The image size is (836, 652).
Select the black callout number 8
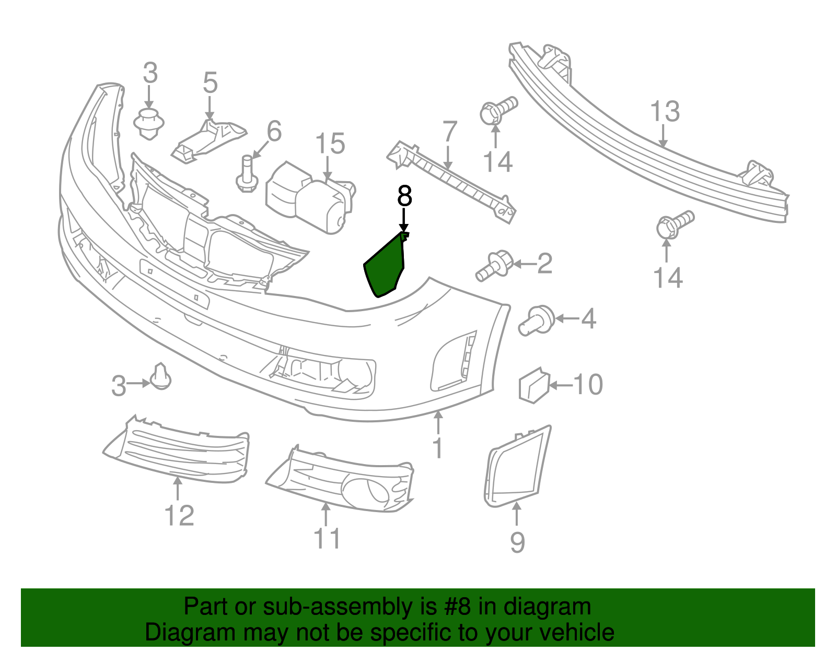[x=404, y=196]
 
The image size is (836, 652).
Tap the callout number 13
[x=665, y=112]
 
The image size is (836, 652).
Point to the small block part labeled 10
[x=533, y=386]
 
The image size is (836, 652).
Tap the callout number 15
[x=330, y=144]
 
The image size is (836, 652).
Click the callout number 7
[x=449, y=132]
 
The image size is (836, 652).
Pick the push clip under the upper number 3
[x=149, y=124]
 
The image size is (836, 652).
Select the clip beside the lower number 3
[x=161, y=377]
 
